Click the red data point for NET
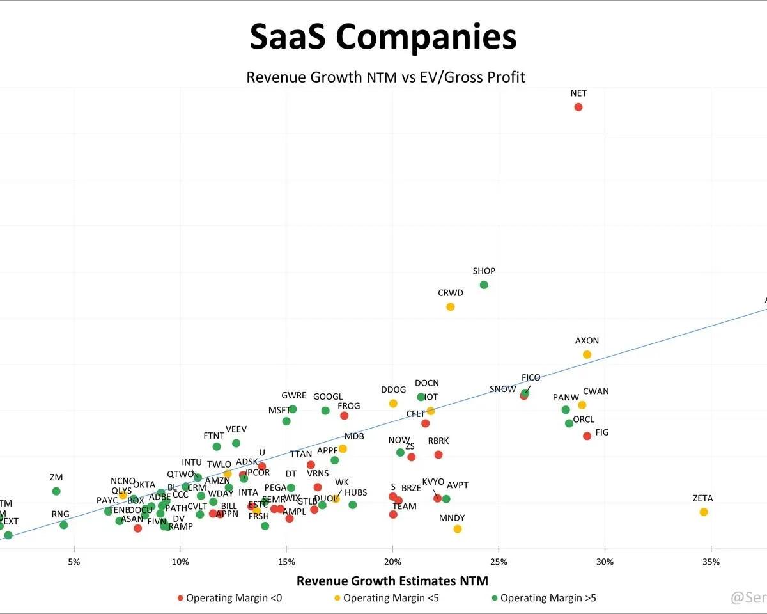tap(578, 107)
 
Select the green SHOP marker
tap(484, 285)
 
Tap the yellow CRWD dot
tap(451, 307)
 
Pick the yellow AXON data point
tap(587, 354)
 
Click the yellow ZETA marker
tap(704, 512)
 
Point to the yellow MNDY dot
tap(458, 529)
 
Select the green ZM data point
tap(56, 491)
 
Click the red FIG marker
tap(587, 436)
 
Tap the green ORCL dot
tap(569, 423)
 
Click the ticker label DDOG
tap(393, 390)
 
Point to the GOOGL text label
tap(327, 397)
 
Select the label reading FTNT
tap(213, 436)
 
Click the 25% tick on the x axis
tap(499, 562)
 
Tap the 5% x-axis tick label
tap(74, 562)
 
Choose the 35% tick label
tap(711, 562)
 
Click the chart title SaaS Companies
tap(383, 36)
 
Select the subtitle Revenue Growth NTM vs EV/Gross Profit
tap(385, 77)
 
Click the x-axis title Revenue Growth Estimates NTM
tap(392, 581)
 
